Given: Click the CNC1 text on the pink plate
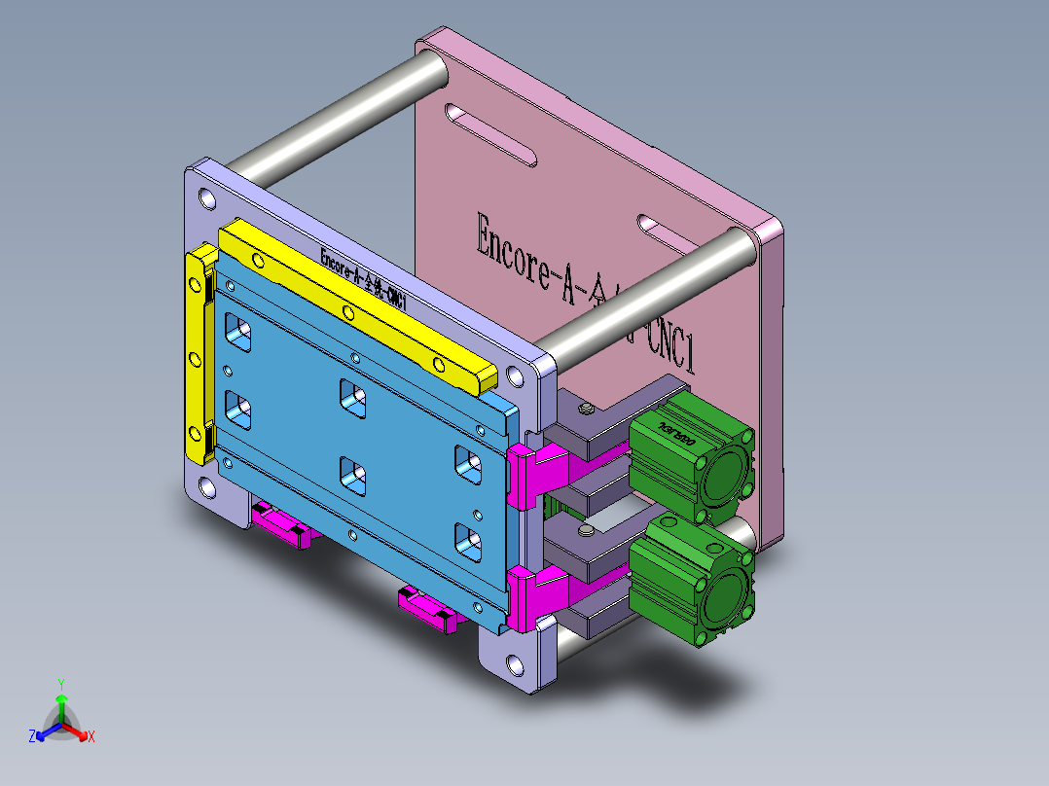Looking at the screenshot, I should pyautogui.click(x=671, y=345).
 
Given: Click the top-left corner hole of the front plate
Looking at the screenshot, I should pyautogui.click(x=206, y=200).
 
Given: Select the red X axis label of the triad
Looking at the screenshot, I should pyautogui.click(x=91, y=736).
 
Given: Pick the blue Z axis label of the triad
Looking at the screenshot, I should pyautogui.click(x=32, y=736).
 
